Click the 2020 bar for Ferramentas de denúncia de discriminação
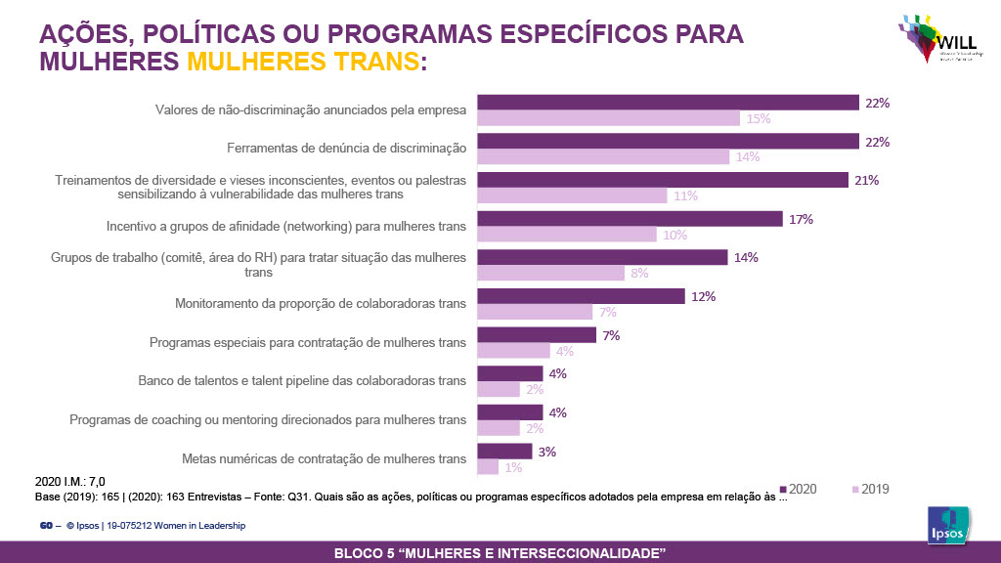click(668, 141)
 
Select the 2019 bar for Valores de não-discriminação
click(607, 118)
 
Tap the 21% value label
click(866, 180)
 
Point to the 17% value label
click(802, 219)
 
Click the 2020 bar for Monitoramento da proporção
click(580, 296)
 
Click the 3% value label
click(547, 452)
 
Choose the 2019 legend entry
click(870, 489)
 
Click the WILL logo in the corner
click(936, 39)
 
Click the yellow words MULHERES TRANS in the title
click(302, 62)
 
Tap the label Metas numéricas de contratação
click(324, 458)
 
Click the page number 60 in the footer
click(45, 526)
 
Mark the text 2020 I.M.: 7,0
click(69, 481)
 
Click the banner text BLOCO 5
click(500, 553)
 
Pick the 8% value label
click(639, 274)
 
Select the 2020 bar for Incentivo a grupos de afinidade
click(629, 219)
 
